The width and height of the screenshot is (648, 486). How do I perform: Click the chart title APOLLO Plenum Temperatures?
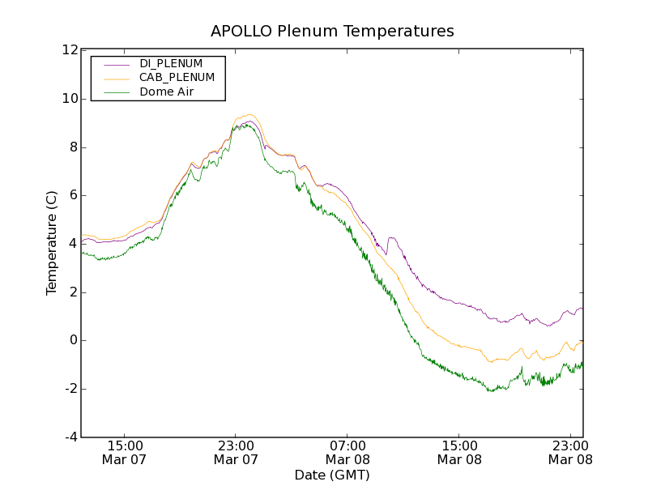pos(332,32)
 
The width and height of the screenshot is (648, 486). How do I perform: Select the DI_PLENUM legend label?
pos(171,63)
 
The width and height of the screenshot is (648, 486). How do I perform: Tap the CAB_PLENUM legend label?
pos(177,78)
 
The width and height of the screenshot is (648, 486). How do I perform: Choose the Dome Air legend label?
pos(166,92)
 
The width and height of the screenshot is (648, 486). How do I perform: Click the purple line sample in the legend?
pos(115,64)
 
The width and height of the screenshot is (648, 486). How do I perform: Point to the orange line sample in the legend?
pos(115,78)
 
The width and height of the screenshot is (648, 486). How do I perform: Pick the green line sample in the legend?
pos(115,92)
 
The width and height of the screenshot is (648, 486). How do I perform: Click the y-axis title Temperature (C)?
pos(52,243)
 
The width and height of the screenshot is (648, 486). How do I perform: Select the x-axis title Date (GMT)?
pos(332,475)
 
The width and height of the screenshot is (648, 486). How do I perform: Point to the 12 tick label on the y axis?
pos(70,50)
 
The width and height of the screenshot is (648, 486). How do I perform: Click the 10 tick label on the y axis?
pos(70,99)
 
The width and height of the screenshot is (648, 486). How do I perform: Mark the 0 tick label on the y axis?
pos(74,340)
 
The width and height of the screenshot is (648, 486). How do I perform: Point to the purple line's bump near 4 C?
pos(392,238)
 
